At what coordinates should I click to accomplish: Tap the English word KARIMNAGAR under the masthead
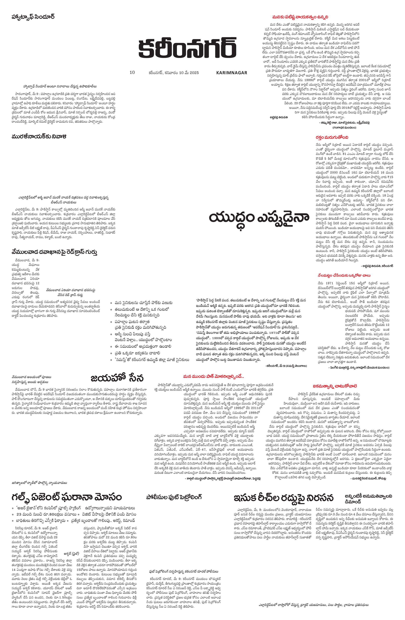click(232, 73)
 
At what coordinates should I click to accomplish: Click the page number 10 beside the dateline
click(132, 72)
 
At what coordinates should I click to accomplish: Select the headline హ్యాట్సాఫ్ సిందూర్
click(33, 17)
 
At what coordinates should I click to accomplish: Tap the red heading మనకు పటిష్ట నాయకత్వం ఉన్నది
click(300, 17)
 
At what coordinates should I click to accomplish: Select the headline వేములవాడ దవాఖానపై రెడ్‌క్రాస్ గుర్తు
click(54, 252)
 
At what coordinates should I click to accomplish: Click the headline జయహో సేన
click(117, 378)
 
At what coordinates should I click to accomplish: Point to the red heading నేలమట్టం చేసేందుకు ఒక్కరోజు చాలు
click(344, 275)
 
